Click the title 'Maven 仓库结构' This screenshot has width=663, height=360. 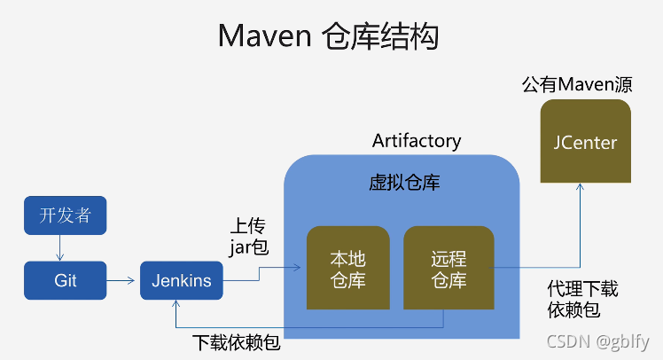[x=328, y=37]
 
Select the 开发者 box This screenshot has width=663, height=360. [x=65, y=215]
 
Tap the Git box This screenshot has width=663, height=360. [x=65, y=280]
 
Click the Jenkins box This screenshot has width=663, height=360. [x=182, y=280]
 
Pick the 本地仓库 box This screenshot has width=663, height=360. [x=347, y=270]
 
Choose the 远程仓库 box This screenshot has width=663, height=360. [x=448, y=270]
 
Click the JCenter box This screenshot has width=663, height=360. [x=585, y=142]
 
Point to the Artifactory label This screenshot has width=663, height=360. [x=417, y=141]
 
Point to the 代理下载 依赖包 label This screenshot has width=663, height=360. [x=583, y=300]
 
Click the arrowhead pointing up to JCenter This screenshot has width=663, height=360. [x=580, y=189]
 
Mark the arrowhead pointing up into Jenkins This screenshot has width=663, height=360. [x=176, y=305]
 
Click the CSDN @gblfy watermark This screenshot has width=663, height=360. [x=597, y=341]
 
